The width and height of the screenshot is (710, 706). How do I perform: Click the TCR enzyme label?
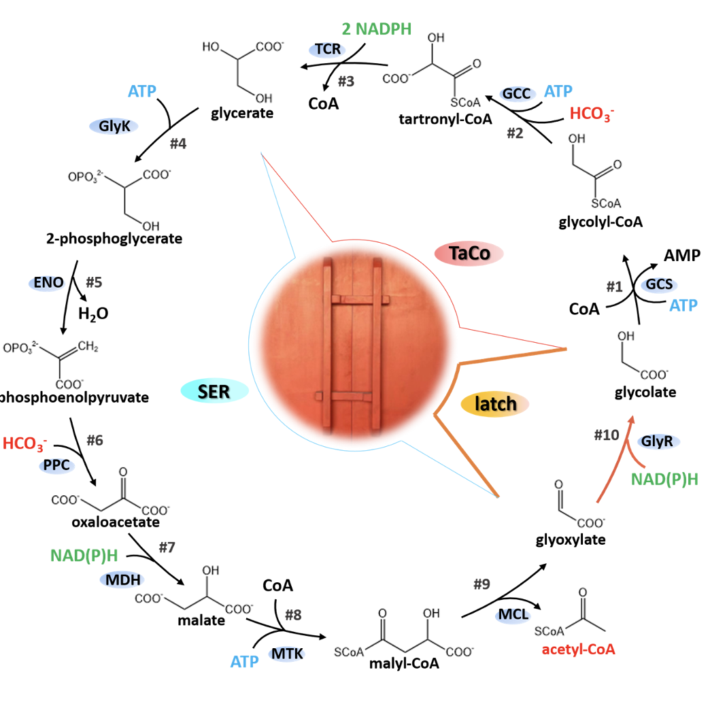coord(328,50)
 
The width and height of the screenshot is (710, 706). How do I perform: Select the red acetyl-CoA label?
coord(578,650)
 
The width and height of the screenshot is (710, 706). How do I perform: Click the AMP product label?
coord(683,255)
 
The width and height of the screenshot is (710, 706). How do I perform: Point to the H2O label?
coord(93,314)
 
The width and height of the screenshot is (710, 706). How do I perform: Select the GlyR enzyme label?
coord(658,441)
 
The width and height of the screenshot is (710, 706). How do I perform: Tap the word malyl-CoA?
coord(399,664)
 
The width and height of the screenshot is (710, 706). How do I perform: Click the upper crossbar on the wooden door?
coord(359,299)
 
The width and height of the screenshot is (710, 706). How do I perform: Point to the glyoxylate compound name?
coord(570,540)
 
